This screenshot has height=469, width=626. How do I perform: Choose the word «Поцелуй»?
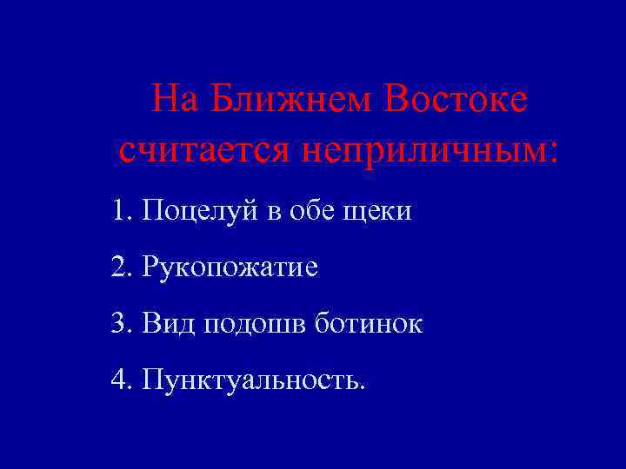[197, 212]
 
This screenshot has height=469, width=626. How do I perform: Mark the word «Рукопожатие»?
[230, 268]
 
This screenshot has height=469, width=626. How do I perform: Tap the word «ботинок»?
[369, 324]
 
